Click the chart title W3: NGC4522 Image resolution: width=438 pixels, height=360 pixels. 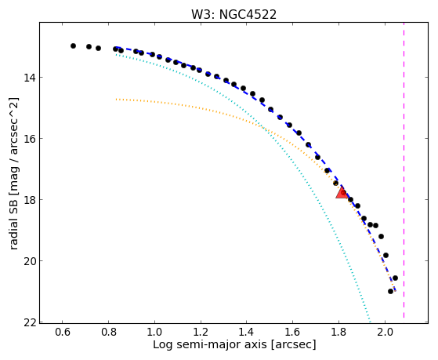tap(233, 14)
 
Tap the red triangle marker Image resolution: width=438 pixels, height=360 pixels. tap(342, 192)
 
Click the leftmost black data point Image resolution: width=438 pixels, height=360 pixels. tap(73, 45)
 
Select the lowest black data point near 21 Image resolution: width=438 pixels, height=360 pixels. tap(390, 292)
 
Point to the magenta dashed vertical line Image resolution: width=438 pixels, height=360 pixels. tap(404, 170)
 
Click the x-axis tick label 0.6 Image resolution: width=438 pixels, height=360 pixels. tap(63, 332)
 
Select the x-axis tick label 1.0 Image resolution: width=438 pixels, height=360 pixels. tap(154, 332)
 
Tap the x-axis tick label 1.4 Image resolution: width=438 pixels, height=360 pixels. tap(246, 332)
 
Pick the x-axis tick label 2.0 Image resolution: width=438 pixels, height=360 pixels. tap(385, 332)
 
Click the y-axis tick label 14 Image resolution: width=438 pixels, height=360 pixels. tap(30, 77)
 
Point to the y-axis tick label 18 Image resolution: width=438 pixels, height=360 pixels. tap(30, 200)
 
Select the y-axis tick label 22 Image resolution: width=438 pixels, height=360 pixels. tap(30, 322)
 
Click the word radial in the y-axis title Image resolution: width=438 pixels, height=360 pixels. tap(13, 236)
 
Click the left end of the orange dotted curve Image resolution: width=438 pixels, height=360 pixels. tap(116, 99)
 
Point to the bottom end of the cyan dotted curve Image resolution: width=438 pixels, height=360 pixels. tap(370, 321)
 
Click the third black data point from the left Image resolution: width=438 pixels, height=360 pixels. tap(98, 48)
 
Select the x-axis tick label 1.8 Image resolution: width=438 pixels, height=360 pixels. tap(338, 332)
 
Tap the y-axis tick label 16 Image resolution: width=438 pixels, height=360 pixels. tap(30, 139)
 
